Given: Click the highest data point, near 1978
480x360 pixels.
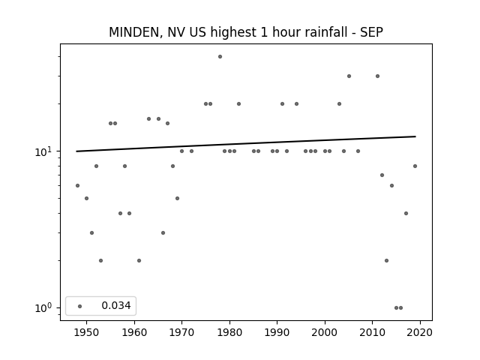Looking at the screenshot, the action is (x=220, y=57).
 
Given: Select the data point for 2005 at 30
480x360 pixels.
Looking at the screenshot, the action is (x=349, y=76).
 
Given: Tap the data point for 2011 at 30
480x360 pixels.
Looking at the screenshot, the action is (x=377, y=76).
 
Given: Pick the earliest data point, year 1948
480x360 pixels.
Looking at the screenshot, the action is (x=77, y=185).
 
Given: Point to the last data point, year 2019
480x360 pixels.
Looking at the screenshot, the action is (x=415, y=166).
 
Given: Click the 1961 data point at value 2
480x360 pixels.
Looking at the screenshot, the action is (x=139, y=261).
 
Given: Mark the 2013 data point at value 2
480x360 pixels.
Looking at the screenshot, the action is (x=387, y=261).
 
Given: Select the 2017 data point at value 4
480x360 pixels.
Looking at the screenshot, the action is (x=406, y=213).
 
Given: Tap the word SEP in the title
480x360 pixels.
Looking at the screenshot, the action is (x=371, y=32).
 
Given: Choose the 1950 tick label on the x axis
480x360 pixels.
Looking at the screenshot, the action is (x=86, y=332).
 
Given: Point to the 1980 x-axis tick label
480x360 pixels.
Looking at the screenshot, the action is (x=229, y=332).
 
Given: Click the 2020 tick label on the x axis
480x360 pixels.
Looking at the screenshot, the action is (x=420, y=332).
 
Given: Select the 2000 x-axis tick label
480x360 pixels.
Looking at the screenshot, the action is (x=325, y=332).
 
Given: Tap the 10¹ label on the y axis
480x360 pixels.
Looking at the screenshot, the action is (x=45, y=151).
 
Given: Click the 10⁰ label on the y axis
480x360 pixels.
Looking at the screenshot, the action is (x=45, y=307).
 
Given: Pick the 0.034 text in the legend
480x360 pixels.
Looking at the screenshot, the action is (x=116, y=305).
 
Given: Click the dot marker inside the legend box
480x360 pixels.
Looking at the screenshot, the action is (x=80, y=306).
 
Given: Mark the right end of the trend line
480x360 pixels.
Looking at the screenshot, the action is (x=415, y=136).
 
